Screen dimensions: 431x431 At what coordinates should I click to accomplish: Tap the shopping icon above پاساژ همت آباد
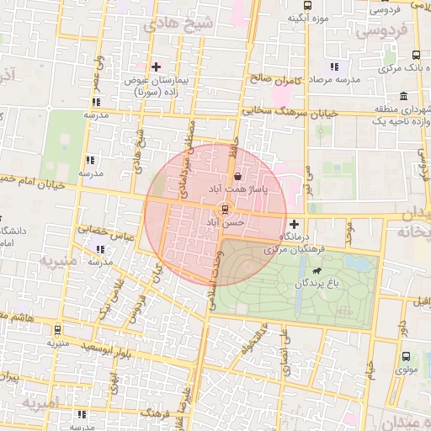238,177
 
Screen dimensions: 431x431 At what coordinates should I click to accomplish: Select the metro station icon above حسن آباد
225,209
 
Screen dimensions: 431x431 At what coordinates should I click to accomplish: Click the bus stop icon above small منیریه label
57,331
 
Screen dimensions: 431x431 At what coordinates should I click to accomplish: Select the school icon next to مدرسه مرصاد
335,67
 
